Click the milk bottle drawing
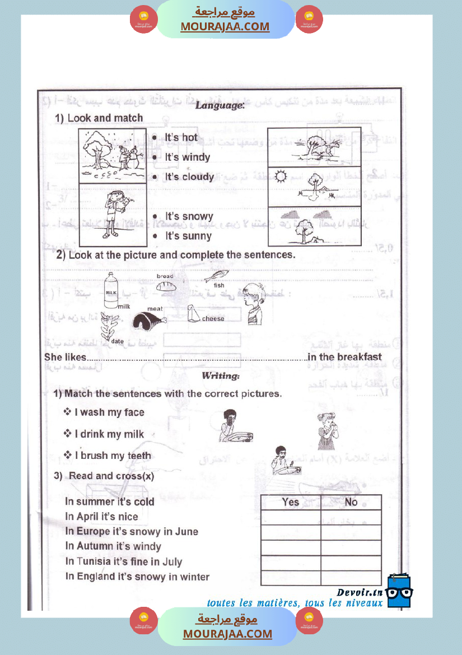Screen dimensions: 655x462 click(111, 290)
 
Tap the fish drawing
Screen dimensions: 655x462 click(216, 276)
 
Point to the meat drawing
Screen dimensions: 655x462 click(148, 321)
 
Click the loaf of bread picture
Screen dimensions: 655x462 click(166, 285)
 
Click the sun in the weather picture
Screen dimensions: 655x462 click(281, 176)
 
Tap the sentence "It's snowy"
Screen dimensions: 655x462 click(189, 217)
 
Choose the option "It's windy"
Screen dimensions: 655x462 click(187, 157)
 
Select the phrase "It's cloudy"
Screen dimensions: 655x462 click(189, 177)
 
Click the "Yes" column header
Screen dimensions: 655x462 click(291, 502)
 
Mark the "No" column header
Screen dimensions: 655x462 click(351, 502)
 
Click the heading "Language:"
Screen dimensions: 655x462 click(220, 105)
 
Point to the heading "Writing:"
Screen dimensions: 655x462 click(221, 375)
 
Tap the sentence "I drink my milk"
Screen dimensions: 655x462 click(109, 434)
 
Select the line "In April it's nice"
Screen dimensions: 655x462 click(101, 517)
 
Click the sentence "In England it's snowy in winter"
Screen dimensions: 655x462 click(137, 577)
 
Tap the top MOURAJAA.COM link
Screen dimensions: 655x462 click(225, 26)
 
